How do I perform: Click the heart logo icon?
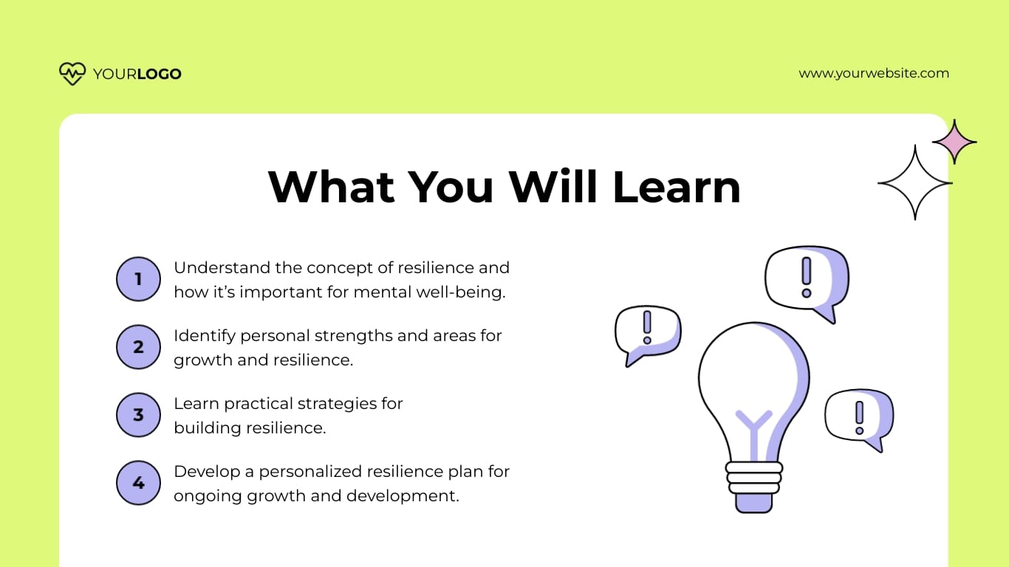pos(72,73)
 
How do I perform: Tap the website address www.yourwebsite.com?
pos(874,73)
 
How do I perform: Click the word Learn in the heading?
pos(677,187)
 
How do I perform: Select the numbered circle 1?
pos(138,279)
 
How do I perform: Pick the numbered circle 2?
pos(138,347)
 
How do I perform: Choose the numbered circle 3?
pos(138,415)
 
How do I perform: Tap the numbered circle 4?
pos(138,483)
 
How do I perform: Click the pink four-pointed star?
pos(954,142)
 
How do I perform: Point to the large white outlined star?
pos(914,182)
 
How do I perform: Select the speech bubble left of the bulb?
pos(646,332)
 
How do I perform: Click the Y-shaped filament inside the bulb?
pos(753,428)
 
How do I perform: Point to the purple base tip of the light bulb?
pos(753,503)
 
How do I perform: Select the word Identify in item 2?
pos(204,336)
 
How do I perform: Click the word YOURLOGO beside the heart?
pos(137,74)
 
